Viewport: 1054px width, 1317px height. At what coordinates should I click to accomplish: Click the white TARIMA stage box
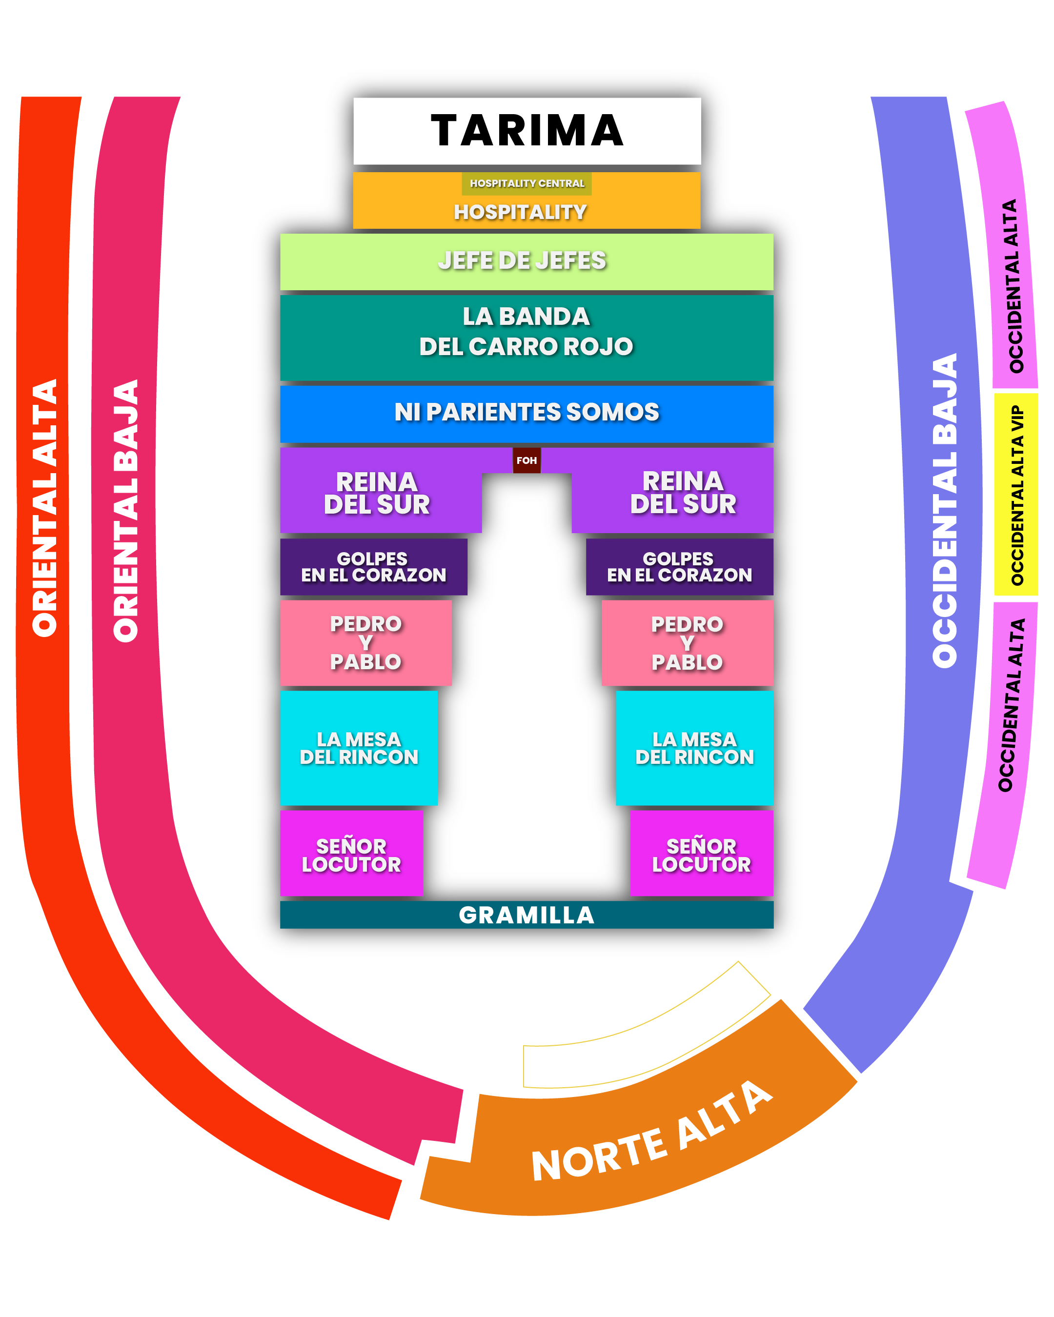tap(527, 131)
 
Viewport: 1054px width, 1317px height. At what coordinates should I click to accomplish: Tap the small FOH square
tap(527, 460)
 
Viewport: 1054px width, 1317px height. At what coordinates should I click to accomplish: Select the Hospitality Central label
tap(527, 183)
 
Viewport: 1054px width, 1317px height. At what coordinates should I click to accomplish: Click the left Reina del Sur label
tap(377, 493)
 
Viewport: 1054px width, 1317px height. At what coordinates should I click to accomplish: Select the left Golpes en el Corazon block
tap(373, 567)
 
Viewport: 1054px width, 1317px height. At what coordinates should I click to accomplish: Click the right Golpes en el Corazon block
tap(679, 567)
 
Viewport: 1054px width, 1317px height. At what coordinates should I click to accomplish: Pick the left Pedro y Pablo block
tap(366, 642)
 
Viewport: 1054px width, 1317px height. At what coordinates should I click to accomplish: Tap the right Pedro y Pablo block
tap(688, 642)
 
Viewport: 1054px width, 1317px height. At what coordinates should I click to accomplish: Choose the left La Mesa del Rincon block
tap(359, 748)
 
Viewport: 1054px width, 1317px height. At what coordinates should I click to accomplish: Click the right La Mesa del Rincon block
tap(695, 748)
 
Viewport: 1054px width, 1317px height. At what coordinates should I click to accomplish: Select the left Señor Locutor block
tap(351, 855)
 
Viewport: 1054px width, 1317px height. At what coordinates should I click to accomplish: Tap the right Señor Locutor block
tap(701, 855)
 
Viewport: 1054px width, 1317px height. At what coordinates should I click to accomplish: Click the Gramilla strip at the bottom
tap(527, 915)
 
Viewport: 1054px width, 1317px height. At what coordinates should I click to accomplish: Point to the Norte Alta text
tap(651, 1133)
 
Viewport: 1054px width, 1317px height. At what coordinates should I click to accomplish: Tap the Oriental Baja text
tap(126, 511)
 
